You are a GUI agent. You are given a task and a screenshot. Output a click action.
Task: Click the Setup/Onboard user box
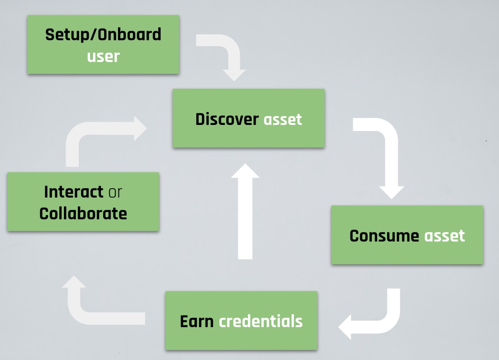103,44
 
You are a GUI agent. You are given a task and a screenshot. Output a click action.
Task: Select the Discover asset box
249,118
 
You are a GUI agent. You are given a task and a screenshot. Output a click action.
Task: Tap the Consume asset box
407,235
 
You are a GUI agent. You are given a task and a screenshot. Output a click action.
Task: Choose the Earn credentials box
241,321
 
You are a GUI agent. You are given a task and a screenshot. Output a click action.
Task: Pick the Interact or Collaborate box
83,202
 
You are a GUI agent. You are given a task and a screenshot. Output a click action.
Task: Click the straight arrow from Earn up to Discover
245,213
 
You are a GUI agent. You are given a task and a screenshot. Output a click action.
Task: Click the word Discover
227,119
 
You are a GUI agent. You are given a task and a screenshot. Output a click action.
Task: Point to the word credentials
261,321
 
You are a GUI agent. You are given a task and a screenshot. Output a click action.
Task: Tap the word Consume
384,236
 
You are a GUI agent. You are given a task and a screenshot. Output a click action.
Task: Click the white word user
103,56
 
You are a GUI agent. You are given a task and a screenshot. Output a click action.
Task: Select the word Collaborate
83,213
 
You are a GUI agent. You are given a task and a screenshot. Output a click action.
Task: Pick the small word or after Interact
115,192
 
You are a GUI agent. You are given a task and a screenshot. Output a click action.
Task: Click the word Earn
197,321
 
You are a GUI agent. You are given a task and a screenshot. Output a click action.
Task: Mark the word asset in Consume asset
444,236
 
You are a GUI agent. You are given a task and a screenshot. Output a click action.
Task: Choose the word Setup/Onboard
103,34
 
